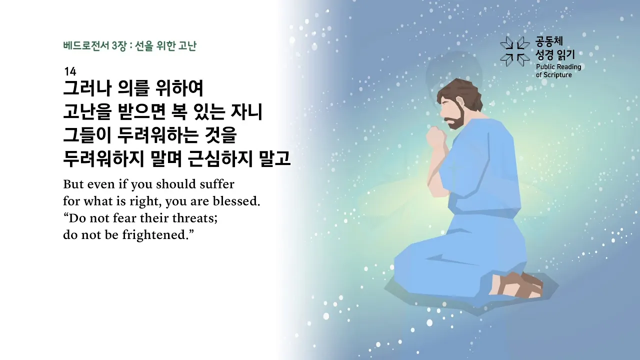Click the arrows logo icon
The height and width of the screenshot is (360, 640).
coord(515,51)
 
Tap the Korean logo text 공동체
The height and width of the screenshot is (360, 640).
coord(549,41)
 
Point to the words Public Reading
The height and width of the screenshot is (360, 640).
coord(558,67)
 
